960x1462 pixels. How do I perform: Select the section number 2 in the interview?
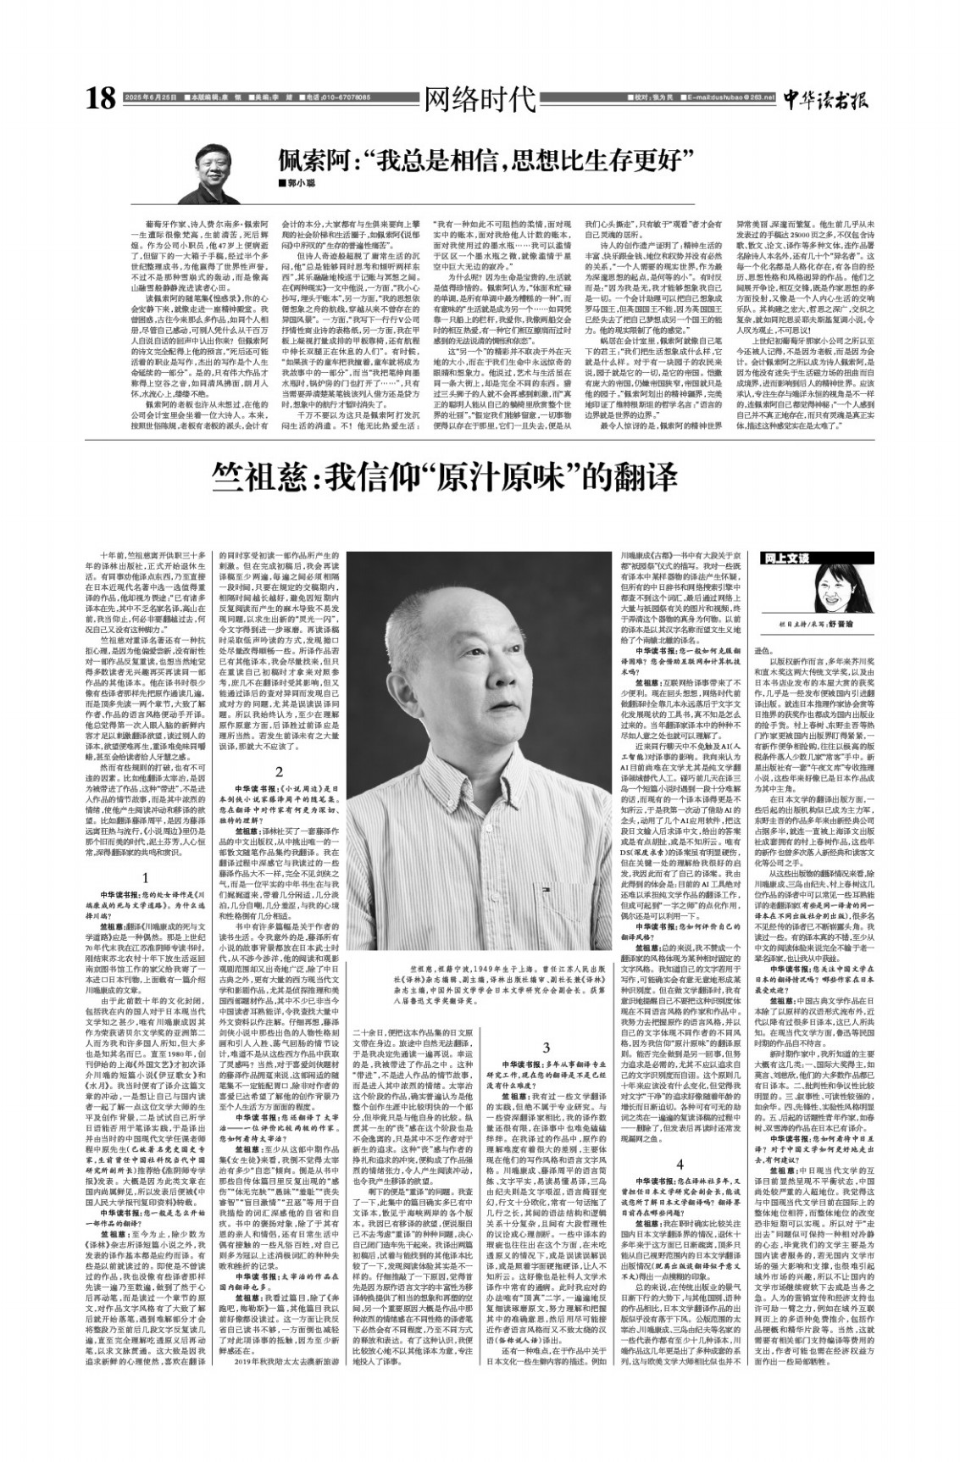pyautogui.click(x=278, y=770)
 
